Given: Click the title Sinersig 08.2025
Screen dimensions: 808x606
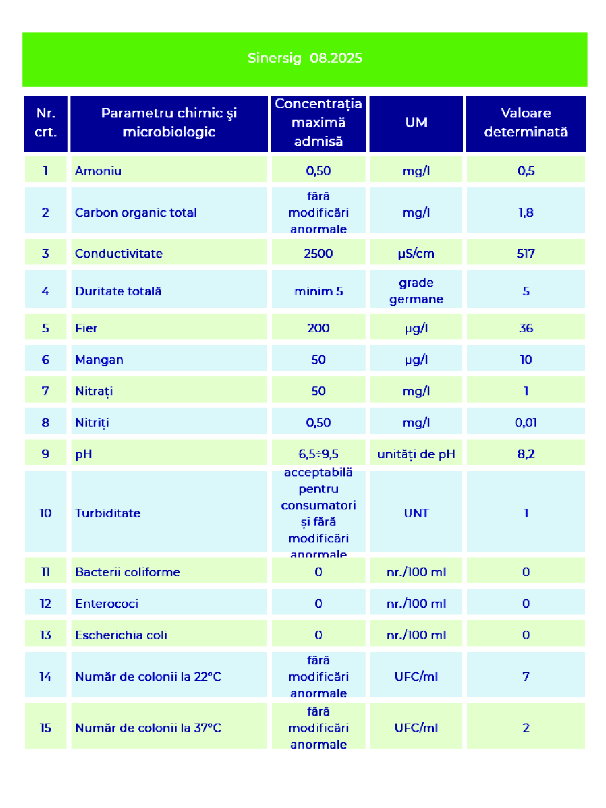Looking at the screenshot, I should point(305,58).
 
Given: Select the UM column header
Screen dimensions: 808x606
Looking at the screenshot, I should point(416,122).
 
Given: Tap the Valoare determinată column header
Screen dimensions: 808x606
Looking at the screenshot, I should point(525,122).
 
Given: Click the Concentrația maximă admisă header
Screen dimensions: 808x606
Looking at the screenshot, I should point(318,122).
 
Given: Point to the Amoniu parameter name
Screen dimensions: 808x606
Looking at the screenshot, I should point(98,171).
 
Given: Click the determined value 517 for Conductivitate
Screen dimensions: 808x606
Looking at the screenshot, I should point(525,253).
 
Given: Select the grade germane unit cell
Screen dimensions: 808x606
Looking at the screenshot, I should point(416,291).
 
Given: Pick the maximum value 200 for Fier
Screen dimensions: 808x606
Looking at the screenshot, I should point(318,328).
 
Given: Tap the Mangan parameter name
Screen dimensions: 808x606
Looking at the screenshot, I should point(100,360).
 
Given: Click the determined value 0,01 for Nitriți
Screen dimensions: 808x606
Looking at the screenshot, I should point(525,423).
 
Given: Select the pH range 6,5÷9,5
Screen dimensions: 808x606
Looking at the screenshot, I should point(318,454).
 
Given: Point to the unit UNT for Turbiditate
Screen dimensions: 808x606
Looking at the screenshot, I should point(416,513).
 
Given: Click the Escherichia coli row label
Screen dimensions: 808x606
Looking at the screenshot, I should point(121,635).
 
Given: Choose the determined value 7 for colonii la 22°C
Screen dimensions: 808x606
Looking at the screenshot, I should point(525,677).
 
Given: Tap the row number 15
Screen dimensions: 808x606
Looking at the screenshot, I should point(45,728).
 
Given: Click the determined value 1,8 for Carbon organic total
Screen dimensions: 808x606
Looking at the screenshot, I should point(525,212).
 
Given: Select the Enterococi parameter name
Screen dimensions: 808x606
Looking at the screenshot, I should point(107,604).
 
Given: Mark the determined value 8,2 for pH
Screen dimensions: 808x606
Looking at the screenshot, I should point(525,454).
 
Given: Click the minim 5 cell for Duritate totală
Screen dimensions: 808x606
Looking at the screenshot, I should point(318,291).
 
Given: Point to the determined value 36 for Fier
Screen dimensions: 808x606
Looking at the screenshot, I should point(525,328).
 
